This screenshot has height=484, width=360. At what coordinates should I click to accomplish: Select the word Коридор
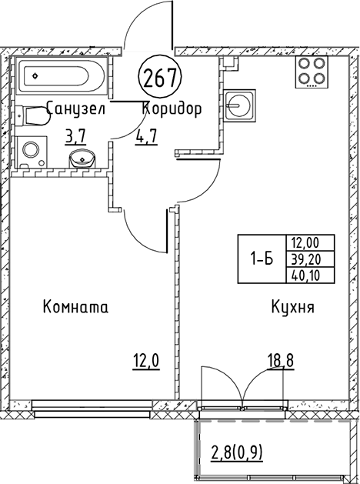[172, 108]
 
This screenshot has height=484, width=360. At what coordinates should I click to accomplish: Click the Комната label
[75, 307]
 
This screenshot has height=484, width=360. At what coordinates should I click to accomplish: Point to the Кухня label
[293, 307]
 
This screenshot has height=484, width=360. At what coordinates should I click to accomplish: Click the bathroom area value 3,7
[75, 136]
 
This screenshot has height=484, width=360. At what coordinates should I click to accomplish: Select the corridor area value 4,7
[146, 136]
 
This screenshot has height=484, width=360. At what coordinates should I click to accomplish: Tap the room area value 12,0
[146, 361]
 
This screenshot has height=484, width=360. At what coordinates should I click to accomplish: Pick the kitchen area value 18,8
[281, 360]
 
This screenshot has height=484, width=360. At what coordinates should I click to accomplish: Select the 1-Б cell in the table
[262, 259]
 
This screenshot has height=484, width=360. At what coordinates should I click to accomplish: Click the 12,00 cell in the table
[310, 242]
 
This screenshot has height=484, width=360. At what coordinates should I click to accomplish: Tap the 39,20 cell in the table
[310, 259]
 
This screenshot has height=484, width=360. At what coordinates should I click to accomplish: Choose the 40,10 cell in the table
[310, 275]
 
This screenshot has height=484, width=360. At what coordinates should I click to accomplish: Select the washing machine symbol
[32, 152]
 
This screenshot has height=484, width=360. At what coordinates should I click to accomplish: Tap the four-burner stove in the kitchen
[312, 72]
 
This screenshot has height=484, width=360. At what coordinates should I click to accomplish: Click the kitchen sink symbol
[240, 105]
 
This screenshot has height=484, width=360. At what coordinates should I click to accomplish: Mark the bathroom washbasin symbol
[82, 159]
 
